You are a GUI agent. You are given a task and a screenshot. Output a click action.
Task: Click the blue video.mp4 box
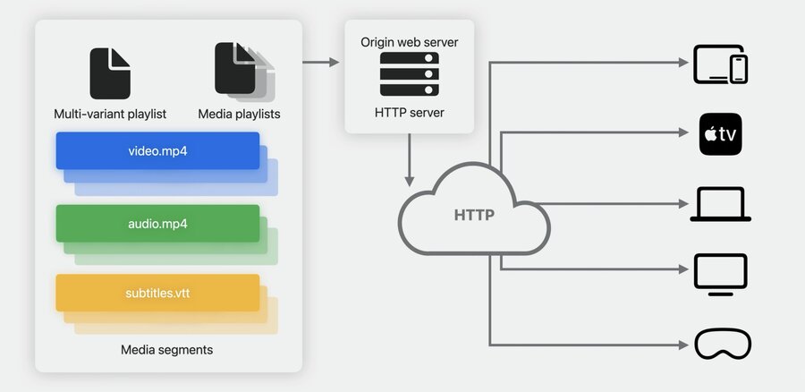(157, 150)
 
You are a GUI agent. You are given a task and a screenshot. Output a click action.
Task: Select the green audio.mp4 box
(157, 224)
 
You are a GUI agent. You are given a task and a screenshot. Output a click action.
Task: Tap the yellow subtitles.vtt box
(157, 293)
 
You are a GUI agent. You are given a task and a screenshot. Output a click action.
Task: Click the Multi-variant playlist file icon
(110, 73)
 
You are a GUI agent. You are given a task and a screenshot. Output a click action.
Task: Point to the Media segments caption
(167, 350)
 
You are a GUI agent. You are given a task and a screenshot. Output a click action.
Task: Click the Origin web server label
(409, 41)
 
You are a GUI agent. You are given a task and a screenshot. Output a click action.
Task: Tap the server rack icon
(409, 74)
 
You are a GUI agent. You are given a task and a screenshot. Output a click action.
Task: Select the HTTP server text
(409, 112)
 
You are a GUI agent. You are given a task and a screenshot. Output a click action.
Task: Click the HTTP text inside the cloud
(474, 215)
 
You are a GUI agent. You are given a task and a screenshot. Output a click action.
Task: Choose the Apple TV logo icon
(720, 134)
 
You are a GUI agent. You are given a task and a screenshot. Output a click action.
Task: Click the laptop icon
(720, 204)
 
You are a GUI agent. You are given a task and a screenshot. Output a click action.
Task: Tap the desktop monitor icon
(720, 275)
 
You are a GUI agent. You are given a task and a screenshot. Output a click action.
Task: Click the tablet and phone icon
(720, 64)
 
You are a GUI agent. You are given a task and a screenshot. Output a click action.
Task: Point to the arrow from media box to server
(321, 62)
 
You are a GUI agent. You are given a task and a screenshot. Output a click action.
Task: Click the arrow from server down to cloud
(409, 160)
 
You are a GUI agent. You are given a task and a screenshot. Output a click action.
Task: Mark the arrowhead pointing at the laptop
(683, 204)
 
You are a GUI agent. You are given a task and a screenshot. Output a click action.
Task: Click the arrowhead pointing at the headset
(683, 345)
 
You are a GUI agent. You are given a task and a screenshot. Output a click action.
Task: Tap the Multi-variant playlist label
(110, 114)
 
